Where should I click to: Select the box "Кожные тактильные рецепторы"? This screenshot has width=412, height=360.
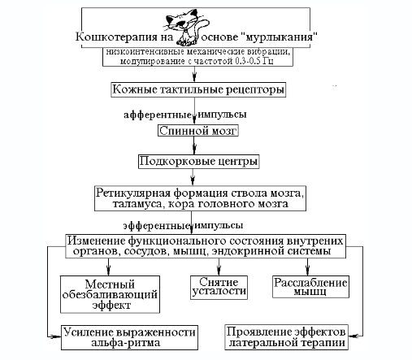pos(198,89)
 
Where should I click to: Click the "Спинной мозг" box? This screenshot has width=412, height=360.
pos(198,131)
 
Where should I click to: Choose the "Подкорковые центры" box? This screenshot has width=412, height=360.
pos(198,162)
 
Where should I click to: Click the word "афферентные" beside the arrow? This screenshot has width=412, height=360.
pos(158,115)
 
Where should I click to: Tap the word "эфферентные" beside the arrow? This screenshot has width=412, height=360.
pos(156,225)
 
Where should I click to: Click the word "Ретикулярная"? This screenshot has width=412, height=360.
pos(133,193)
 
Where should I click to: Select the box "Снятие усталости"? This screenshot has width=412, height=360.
pos(219,288)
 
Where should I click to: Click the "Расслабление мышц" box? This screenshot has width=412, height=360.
pos(310,287)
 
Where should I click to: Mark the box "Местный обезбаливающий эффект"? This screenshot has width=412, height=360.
pos(110,294)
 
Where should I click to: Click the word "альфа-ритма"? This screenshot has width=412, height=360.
pos(126,343)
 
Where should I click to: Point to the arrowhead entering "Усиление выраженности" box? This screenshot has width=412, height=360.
pos(56,336)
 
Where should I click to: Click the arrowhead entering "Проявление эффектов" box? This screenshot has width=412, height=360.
pos(353,336)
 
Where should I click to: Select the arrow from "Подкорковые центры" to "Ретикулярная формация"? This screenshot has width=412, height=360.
pos(193,177)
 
